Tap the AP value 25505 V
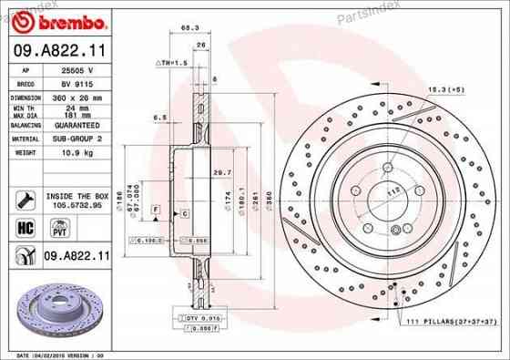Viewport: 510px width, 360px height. [73, 69]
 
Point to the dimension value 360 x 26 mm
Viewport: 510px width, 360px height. [75, 96]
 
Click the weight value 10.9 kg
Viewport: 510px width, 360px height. [70, 153]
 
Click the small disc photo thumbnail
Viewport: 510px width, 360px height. [55, 308]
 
